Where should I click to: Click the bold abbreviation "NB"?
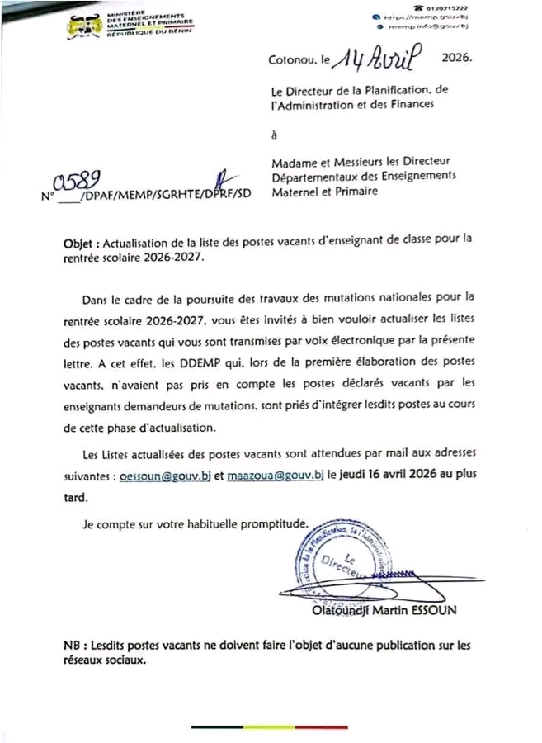73,646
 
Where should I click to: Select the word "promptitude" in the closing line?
274,523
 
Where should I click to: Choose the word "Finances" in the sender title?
408,105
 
